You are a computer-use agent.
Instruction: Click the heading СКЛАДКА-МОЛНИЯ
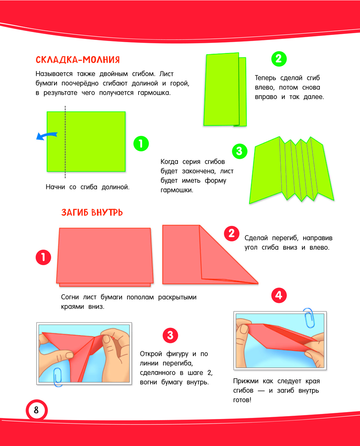[78, 60]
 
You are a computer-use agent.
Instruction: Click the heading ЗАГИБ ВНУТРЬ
[92, 212]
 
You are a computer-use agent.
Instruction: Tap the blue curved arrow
[46, 136]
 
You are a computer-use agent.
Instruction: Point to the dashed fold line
[65, 142]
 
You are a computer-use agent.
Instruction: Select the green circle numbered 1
[141, 144]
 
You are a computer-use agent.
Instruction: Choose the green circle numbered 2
[279, 59]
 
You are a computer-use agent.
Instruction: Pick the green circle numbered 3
[239, 151]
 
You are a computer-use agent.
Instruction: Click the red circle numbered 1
[43, 257]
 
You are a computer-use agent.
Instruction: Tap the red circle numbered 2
[231, 233]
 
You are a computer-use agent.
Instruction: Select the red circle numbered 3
[170, 335]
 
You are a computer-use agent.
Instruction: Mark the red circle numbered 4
[279, 295]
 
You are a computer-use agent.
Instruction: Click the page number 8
[36, 410]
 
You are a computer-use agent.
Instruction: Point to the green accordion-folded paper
[291, 170]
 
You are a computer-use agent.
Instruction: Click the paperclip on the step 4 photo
[309, 318]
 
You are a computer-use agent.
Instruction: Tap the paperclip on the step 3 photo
[58, 377]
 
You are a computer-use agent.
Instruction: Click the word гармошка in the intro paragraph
[154, 93]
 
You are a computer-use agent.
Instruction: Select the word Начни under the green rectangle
[55, 187]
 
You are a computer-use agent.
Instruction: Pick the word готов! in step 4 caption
[242, 400]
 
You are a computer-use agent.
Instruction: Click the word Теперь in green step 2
[265, 78]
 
